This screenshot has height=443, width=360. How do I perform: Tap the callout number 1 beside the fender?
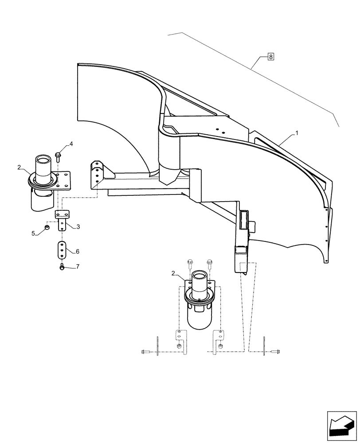tap(297, 133)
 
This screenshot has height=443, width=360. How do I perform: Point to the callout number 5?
tap(33, 233)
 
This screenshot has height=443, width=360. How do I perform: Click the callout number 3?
tap(78, 227)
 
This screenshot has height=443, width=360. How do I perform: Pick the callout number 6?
tap(77, 251)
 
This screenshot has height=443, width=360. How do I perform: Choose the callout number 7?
tap(78, 267)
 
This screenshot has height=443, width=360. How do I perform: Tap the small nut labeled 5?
tap(47, 228)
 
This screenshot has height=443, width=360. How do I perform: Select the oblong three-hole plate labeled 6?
tap(62, 250)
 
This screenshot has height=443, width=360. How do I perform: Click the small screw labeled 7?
tap(62, 266)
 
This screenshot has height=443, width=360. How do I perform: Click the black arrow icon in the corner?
tap(341, 424)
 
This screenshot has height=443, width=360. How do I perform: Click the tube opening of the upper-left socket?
tap(44, 159)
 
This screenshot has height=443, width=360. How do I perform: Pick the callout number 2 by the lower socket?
tap(174, 274)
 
